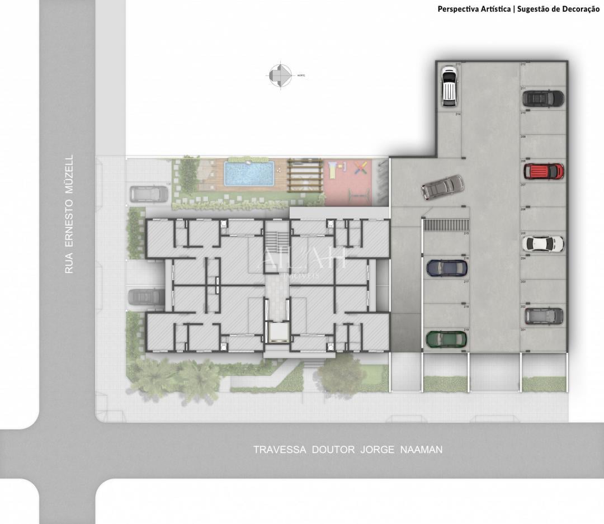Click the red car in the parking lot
pyautogui.click(x=543, y=171)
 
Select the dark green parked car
pyautogui.click(x=446, y=339)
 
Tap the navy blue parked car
pyautogui.click(x=446, y=268)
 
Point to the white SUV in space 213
pyautogui.click(x=449, y=86)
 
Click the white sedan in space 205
pyautogui.click(x=542, y=243)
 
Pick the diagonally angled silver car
pyautogui.click(x=443, y=187)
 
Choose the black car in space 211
pyautogui.click(x=542, y=98)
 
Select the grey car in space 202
pyautogui.click(x=544, y=316)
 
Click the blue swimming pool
pyautogui.click(x=248, y=173)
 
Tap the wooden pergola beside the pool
pyautogui.click(x=305, y=176)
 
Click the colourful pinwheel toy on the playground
pyautogui.click(x=361, y=167)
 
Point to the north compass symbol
pyautogui.click(x=281, y=75)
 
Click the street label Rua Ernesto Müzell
pyautogui.click(x=69, y=214)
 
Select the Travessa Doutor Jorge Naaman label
pyautogui.click(x=347, y=450)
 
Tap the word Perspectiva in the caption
pyautogui.click(x=456, y=9)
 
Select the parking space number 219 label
pyautogui.click(x=466, y=331)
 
